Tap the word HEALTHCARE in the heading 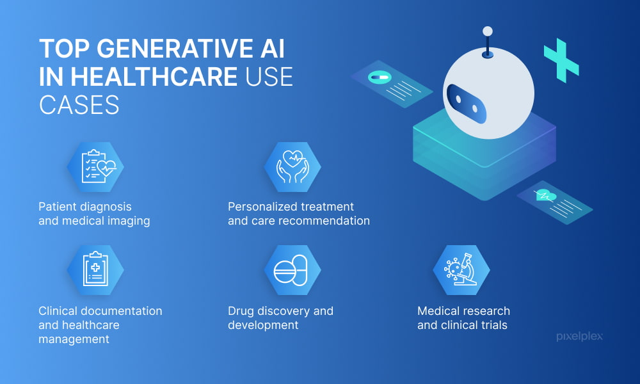pyautogui.click(x=152, y=76)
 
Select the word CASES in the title pyautogui.click(x=79, y=104)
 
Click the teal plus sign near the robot pyautogui.click(x=561, y=61)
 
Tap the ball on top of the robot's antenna pyautogui.click(x=488, y=31)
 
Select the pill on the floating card pyautogui.click(x=378, y=77)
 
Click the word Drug pyautogui.click(x=241, y=311)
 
